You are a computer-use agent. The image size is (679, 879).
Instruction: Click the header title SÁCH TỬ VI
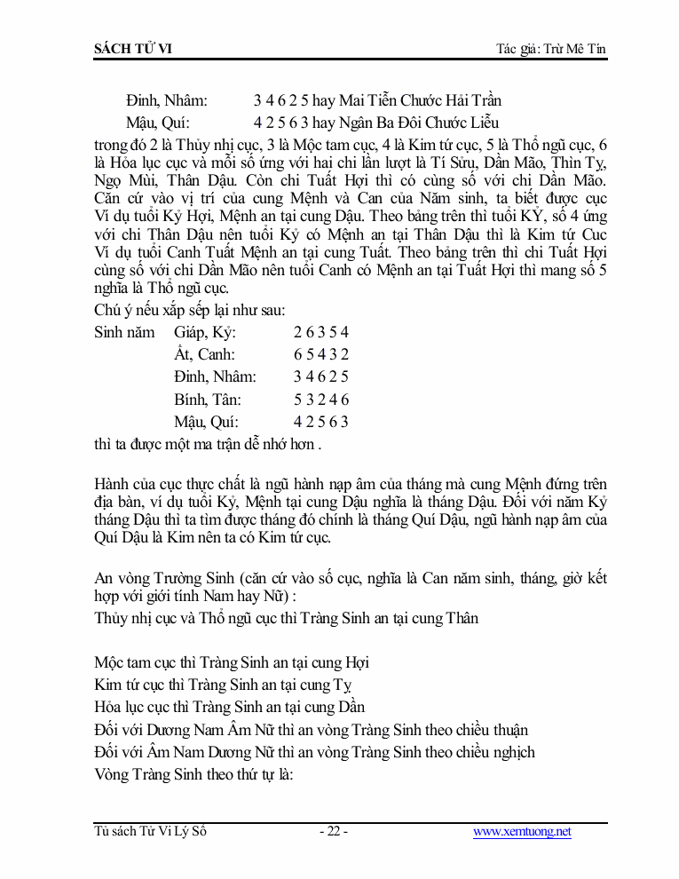pyautogui.click(x=132, y=48)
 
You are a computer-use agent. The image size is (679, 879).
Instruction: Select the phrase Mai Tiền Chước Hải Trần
pyautogui.click(x=420, y=100)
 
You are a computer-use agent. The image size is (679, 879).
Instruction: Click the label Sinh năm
pyautogui.click(x=124, y=332)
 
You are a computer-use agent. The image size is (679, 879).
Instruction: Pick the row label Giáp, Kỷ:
pyautogui.click(x=205, y=332)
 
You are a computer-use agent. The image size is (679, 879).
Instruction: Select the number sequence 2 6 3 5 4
pyautogui.click(x=320, y=332)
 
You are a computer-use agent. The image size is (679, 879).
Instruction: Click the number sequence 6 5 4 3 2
pyautogui.click(x=320, y=354)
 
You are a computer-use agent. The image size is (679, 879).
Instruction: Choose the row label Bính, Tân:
pyautogui.click(x=208, y=400)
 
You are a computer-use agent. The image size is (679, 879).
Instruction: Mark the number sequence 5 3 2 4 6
pyautogui.click(x=320, y=400)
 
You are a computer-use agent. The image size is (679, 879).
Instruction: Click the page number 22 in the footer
pyautogui.click(x=333, y=832)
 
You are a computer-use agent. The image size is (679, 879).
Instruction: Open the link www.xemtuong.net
pyautogui.click(x=522, y=832)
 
